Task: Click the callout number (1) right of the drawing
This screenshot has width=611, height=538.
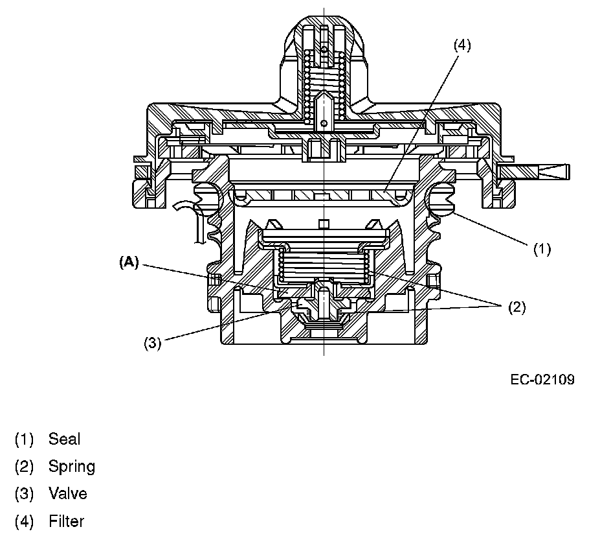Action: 541,248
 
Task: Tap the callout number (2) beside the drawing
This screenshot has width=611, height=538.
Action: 516,307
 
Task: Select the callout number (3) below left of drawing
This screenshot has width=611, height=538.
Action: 151,343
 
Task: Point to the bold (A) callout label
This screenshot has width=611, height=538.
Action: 129,262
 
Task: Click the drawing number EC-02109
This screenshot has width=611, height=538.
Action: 542,379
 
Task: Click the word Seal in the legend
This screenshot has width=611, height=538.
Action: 64,439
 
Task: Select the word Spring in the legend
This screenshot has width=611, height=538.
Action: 71,466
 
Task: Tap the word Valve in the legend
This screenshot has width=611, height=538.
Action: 67,493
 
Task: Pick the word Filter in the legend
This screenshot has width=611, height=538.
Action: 66,520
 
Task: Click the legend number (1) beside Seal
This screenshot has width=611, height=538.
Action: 24,439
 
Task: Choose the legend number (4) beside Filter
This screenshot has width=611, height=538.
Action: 24,520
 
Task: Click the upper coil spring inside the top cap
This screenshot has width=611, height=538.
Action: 322,81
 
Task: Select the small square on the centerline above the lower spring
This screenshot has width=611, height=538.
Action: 323,224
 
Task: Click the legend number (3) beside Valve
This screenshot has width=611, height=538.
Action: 24,493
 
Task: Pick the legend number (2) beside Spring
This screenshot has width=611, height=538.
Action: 24,466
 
